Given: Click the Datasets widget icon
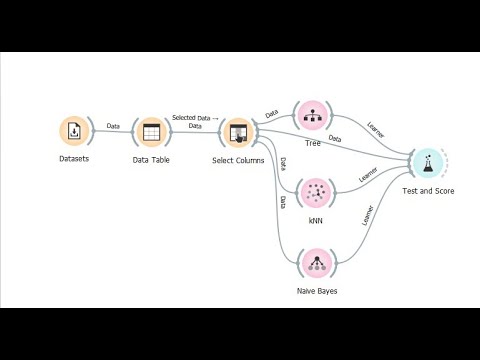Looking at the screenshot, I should pyautogui.click(x=75, y=131).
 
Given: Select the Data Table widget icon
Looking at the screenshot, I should pyautogui.click(x=151, y=132).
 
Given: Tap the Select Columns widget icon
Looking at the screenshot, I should pyautogui.click(x=237, y=132).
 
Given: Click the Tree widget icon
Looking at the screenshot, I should pyautogui.click(x=312, y=114).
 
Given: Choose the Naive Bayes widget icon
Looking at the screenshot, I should pyautogui.click(x=318, y=264).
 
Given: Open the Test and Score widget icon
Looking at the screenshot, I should pyautogui.click(x=427, y=162).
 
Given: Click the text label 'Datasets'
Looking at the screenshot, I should pyautogui.click(x=75, y=160).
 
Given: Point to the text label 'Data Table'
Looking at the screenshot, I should pyautogui.click(x=151, y=160).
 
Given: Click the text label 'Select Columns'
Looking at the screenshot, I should pyautogui.click(x=239, y=160).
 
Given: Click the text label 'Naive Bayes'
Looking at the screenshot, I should pyautogui.click(x=318, y=291).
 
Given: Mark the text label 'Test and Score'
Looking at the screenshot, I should pyautogui.click(x=428, y=190).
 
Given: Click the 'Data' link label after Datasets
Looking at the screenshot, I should pyautogui.click(x=113, y=126).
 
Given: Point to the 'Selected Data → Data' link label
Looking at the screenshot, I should pyautogui.click(x=195, y=121).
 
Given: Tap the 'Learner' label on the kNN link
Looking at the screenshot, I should pyautogui.click(x=373, y=176).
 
